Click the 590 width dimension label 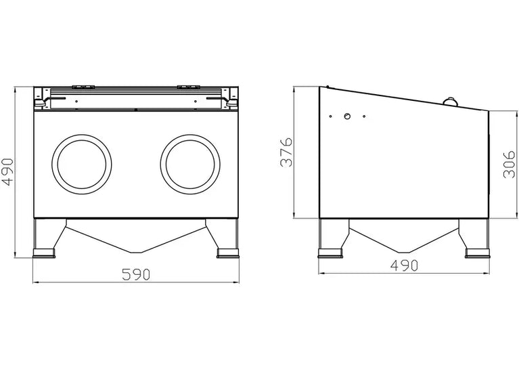136,274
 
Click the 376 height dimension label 286,152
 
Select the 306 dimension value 509,165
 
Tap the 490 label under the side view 404,265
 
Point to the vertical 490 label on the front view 7,171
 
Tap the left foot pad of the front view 44,253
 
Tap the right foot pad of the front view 228,253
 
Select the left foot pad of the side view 330,253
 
